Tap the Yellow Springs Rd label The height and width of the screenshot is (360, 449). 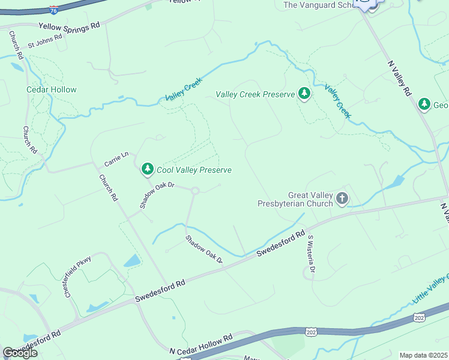tap(69, 27)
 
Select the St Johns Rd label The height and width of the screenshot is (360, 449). tap(45, 41)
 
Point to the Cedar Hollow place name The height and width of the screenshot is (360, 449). tap(52, 89)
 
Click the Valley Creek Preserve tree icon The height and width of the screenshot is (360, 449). tap(304, 94)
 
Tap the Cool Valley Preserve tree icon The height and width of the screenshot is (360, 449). tap(148, 170)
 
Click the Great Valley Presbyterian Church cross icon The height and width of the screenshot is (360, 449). tap(342, 199)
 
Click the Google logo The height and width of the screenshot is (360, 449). tap(20, 353)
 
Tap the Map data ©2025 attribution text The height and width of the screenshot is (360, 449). tap(424, 355)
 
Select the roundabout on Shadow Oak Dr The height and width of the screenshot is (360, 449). tap(195, 191)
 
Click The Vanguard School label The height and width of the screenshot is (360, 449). tap(316, 5)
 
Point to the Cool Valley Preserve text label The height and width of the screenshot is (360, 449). tap(194, 170)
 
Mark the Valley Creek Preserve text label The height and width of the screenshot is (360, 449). tap(255, 94)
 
